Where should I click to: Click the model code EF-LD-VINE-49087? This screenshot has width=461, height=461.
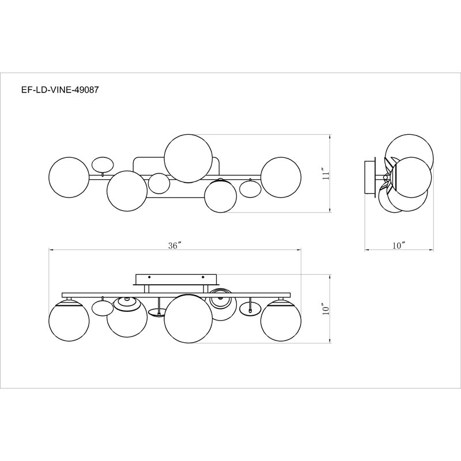pyautogui.click(x=60, y=90)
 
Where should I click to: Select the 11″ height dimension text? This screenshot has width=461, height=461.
pyautogui.click(x=324, y=174)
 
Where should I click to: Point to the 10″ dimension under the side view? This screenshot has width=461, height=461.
pyautogui.click(x=399, y=245)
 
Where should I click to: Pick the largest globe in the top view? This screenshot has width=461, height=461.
pyautogui.click(x=188, y=158)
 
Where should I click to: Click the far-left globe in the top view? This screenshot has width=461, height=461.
pyautogui.click(x=69, y=177)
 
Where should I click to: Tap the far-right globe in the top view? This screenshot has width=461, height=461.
pyautogui.click(x=281, y=177)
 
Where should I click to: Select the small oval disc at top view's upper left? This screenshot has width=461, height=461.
pyautogui.click(x=102, y=164)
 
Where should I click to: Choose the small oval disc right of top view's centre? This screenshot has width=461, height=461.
pyautogui.click(x=250, y=189)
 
